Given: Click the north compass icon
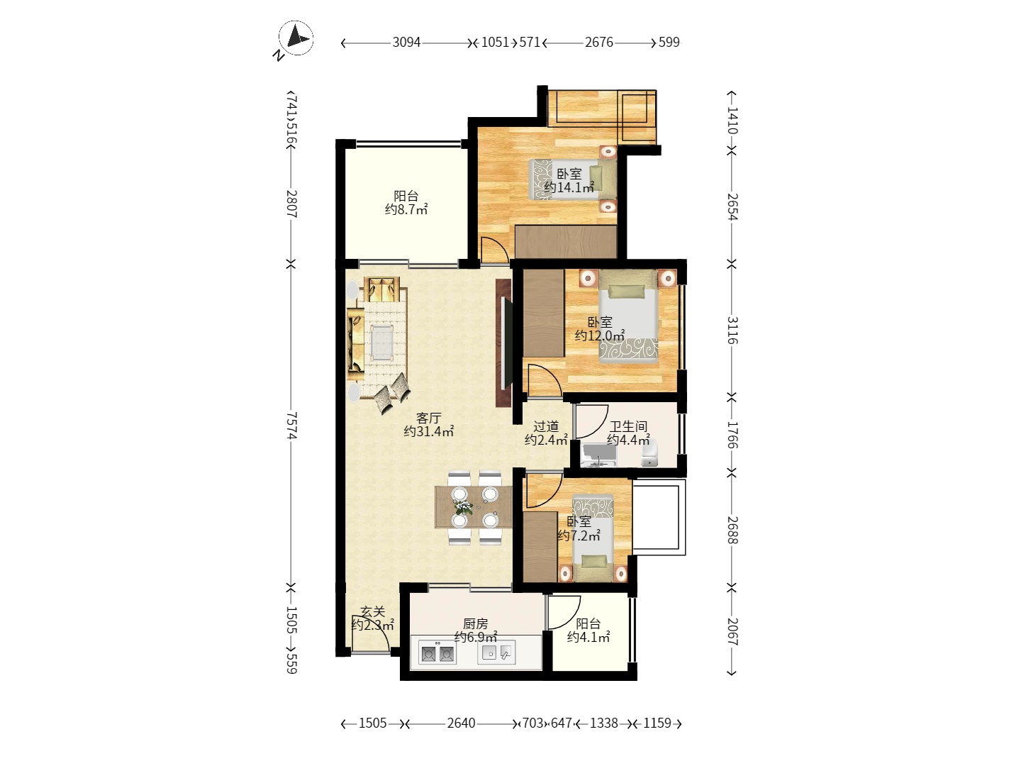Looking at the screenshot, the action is tap(295, 38).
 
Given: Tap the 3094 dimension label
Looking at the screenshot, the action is tap(406, 43).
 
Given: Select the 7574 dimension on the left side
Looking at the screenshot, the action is tap(291, 425).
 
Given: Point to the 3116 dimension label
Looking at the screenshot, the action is tap(732, 331).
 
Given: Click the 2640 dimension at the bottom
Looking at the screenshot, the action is tap(462, 723).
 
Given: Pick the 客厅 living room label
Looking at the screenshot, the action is tap(428, 418).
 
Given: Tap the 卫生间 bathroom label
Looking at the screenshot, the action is tap(628, 426).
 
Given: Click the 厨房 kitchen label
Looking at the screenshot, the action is tap(475, 623).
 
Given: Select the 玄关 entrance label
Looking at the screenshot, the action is tap(373, 611).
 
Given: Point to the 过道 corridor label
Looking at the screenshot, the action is tap(546, 426).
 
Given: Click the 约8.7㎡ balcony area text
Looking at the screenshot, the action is tap(406, 209).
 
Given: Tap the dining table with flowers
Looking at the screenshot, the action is tap(474, 507).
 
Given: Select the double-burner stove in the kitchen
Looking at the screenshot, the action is tap(437, 653).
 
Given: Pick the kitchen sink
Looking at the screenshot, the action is tap(496, 653).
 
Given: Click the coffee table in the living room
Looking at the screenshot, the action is tap(382, 343).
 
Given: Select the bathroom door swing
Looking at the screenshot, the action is tap(592, 421).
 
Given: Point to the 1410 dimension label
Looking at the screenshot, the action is tap(732, 121).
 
